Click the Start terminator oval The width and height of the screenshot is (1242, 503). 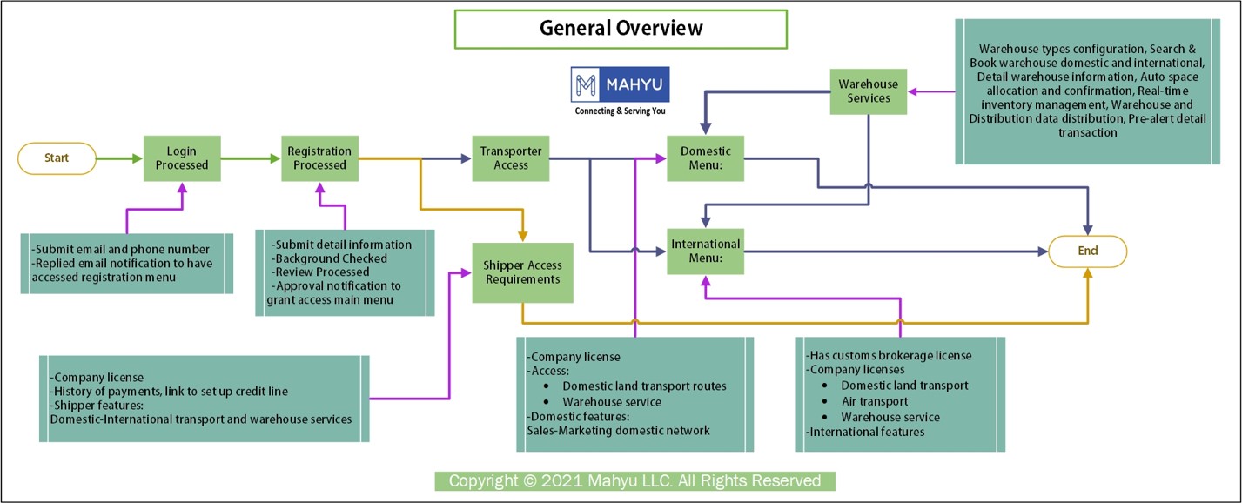point(57,158)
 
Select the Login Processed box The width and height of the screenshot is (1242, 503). point(182,158)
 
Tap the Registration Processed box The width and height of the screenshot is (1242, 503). point(319,158)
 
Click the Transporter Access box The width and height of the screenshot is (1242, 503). point(511,158)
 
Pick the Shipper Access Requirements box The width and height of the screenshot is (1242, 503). point(522,272)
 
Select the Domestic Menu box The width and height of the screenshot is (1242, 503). point(705,158)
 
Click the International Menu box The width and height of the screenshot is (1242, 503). point(705,251)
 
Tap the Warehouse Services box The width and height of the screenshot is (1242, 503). point(869,91)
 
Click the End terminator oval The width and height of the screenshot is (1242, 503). point(1087,251)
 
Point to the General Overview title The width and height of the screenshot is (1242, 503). point(621,29)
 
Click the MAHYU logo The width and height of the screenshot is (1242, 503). point(620,84)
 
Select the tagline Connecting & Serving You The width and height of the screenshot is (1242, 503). point(620,111)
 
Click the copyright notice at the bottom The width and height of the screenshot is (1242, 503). point(634,481)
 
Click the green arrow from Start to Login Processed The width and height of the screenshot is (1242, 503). point(119,158)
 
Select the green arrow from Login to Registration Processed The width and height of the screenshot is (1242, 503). point(251,158)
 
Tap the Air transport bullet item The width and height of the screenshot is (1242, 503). point(875,401)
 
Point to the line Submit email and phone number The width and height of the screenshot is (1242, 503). point(120,249)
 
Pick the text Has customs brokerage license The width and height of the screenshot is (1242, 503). point(889,355)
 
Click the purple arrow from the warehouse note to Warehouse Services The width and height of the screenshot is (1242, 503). point(931,91)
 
